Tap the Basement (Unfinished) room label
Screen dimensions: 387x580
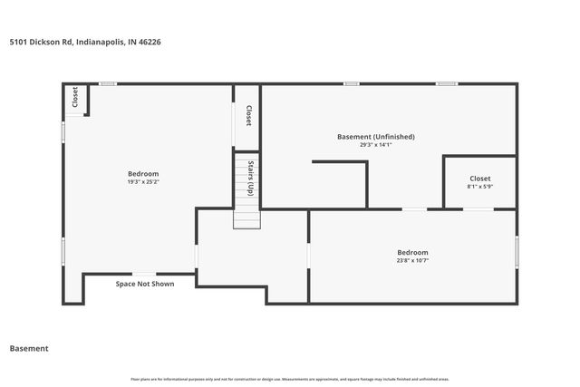375,137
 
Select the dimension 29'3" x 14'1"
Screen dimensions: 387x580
375,145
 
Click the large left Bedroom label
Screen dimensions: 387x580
143,174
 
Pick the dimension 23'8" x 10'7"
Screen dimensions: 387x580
412,260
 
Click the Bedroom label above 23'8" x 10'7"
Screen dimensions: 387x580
412,252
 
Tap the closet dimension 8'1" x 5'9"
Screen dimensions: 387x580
479,187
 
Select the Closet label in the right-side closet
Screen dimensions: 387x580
479,179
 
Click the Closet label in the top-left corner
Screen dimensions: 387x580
74,99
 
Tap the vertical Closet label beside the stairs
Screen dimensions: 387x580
247,116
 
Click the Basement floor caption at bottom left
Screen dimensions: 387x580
29,348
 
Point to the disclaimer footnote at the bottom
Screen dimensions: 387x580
290,379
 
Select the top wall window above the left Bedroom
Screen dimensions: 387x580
108,84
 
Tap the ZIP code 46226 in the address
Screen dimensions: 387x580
150,42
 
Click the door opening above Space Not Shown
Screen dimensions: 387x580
144,274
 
